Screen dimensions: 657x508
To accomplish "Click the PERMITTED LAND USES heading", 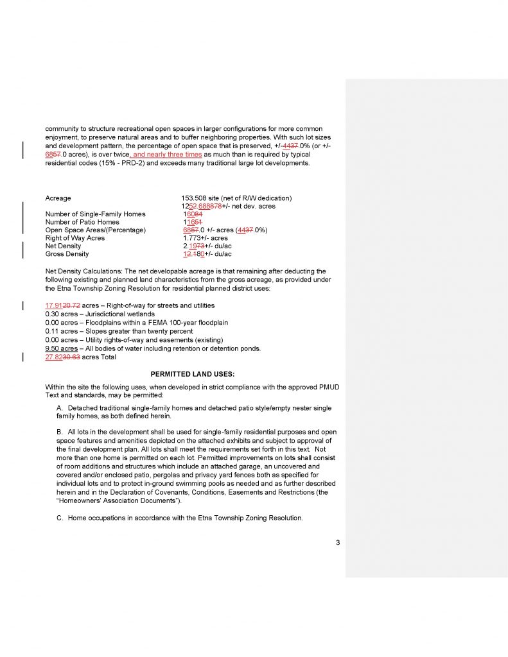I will (193, 373).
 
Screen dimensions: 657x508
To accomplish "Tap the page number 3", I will (338, 543).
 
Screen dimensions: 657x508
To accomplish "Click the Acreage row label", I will (58, 198).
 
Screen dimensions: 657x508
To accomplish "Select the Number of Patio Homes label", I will (82, 222).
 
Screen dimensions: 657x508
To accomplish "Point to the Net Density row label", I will (64, 246).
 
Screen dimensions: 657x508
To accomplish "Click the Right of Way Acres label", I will (75, 238).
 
